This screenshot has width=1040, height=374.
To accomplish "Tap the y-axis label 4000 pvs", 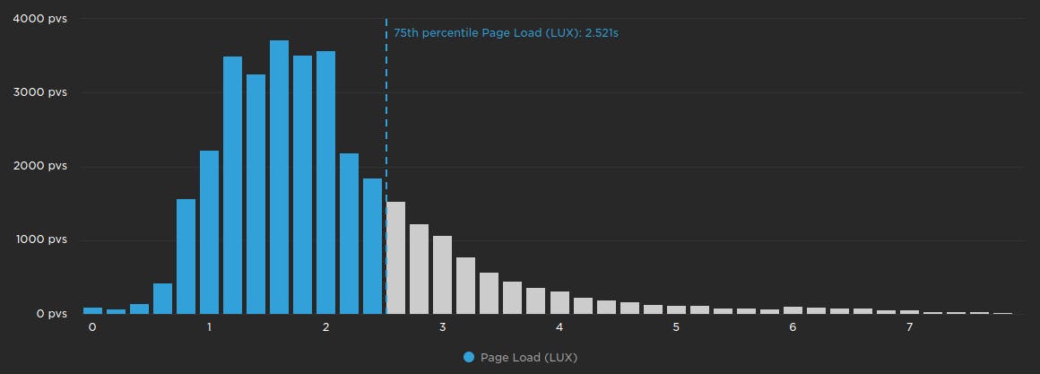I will [39, 19].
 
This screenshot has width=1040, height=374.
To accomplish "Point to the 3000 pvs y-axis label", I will [39, 92].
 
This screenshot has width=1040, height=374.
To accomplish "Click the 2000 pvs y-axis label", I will [39, 166].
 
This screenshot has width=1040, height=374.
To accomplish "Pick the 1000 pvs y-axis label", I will [39, 240].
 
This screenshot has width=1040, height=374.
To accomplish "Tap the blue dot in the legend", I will [469, 357].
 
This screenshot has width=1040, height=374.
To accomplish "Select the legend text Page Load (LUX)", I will [529, 357].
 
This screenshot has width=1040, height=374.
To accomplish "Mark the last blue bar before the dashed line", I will [372, 247].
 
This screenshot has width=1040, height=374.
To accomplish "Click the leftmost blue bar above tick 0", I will [92, 310].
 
